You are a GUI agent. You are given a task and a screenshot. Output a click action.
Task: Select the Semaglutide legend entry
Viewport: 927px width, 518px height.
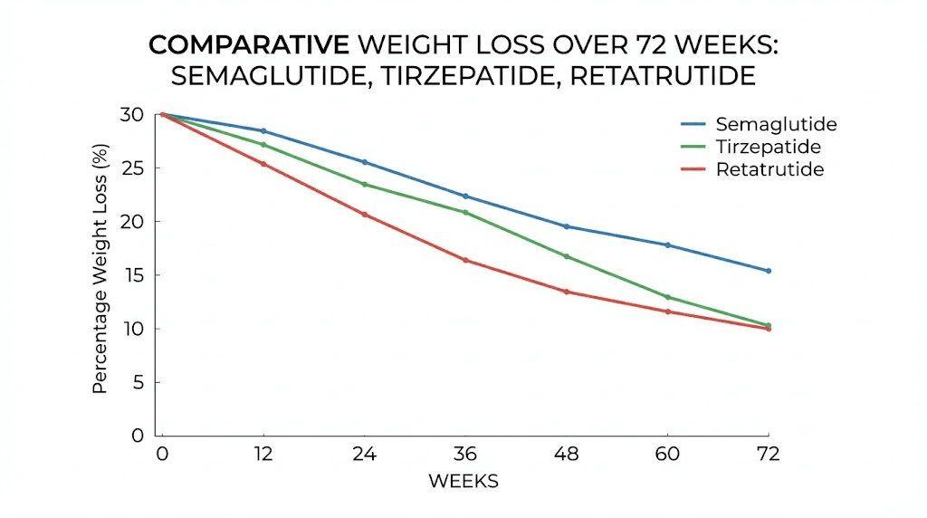776,124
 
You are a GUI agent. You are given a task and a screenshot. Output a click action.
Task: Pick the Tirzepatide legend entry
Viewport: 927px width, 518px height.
769,147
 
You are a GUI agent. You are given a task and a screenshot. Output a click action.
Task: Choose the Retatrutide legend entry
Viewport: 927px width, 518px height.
769,169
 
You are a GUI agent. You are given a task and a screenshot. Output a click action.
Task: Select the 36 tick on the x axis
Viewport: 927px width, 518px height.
465,453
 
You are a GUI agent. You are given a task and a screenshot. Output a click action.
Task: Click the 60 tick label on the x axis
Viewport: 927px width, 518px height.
668,453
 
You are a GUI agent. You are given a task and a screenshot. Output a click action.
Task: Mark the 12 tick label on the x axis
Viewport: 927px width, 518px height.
263,453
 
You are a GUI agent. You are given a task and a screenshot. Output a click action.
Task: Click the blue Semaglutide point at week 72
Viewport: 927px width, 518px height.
769,271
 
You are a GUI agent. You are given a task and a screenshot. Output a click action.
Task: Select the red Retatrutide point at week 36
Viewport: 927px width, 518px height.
465,260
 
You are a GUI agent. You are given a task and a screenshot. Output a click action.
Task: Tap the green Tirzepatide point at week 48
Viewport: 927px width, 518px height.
567,256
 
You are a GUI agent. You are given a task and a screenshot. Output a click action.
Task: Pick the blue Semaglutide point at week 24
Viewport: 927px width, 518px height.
365,162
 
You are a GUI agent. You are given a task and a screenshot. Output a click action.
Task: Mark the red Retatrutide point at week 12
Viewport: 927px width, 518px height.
263,164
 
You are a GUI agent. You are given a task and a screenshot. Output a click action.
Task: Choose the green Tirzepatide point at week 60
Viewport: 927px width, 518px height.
668,297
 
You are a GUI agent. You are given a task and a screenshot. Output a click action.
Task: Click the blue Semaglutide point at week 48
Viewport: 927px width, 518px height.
567,226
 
